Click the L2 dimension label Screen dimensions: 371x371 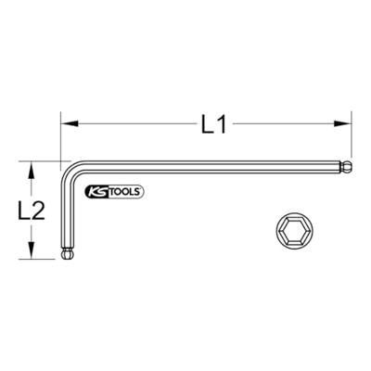point(32,211)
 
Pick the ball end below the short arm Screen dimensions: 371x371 point(67,253)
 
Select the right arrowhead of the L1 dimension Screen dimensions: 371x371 point(349,119)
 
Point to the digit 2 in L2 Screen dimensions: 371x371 point(39,211)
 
